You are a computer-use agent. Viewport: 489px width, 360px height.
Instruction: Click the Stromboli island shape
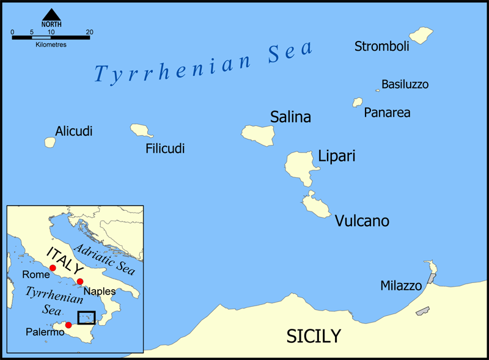(x=421, y=35)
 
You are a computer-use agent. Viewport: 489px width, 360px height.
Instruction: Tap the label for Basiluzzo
(x=405, y=84)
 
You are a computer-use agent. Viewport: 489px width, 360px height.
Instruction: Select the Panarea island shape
(x=358, y=103)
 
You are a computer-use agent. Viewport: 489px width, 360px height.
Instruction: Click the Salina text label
(x=290, y=117)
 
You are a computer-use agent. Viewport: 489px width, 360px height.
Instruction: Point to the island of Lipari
(x=300, y=164)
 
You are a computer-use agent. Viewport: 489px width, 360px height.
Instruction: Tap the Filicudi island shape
(x=141, y=130)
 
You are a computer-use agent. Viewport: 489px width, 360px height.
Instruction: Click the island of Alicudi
(x=50, y=142)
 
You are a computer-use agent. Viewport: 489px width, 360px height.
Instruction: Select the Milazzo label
(x=401, y=285)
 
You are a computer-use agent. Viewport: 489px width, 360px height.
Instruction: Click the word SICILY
(x=314, y=336)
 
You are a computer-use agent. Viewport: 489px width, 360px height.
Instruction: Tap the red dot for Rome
(x=53, y=268)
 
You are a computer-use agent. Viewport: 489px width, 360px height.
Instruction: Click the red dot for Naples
(x=80, y=282)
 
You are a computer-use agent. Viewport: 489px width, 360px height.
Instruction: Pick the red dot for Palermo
(x=68, y=325)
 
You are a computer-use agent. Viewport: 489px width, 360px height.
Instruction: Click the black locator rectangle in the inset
(x=86, y=318)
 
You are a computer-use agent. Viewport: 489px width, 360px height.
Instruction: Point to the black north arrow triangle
(x=51, y=14)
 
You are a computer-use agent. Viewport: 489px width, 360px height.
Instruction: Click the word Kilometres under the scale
(x=51, y=45)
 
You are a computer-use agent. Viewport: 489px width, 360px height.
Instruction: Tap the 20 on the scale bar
(x=89, y=32)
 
